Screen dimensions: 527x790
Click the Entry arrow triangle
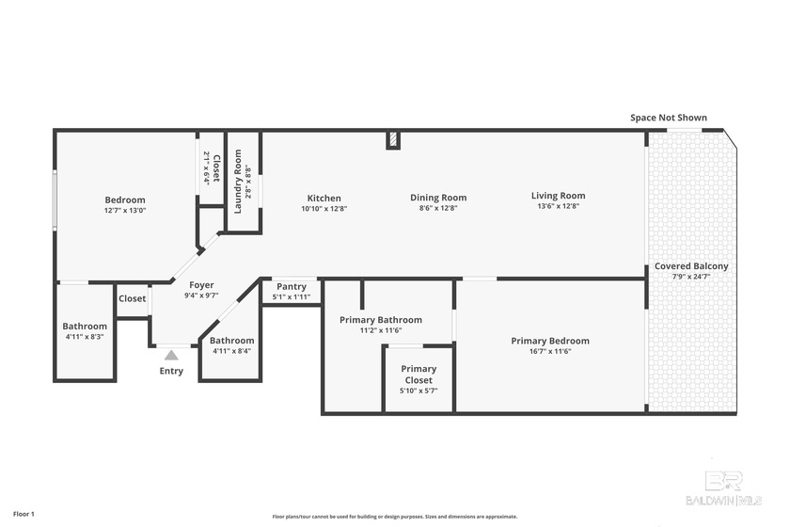[171, 356]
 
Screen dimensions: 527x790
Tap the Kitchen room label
[324, 198]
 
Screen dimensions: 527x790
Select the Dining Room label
[438, 198]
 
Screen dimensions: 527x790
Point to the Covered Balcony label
[691, 266]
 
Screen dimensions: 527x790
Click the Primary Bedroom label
[550, 341]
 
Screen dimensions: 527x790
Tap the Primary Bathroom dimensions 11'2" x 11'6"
[380, 330]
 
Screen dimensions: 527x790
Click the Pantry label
[291, 287]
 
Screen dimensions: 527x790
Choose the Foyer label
[201, 285]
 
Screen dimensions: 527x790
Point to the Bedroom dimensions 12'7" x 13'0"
[125, 210]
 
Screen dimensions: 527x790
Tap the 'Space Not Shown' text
[668, 118]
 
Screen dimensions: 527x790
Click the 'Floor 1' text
[24, 515]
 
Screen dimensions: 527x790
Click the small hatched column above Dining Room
[393, 140]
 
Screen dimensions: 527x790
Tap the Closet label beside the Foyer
[133, 299]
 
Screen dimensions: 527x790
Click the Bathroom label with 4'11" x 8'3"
[85, 327]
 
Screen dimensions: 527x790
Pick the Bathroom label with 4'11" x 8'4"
[231, 341]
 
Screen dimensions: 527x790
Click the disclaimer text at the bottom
[395, 517]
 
